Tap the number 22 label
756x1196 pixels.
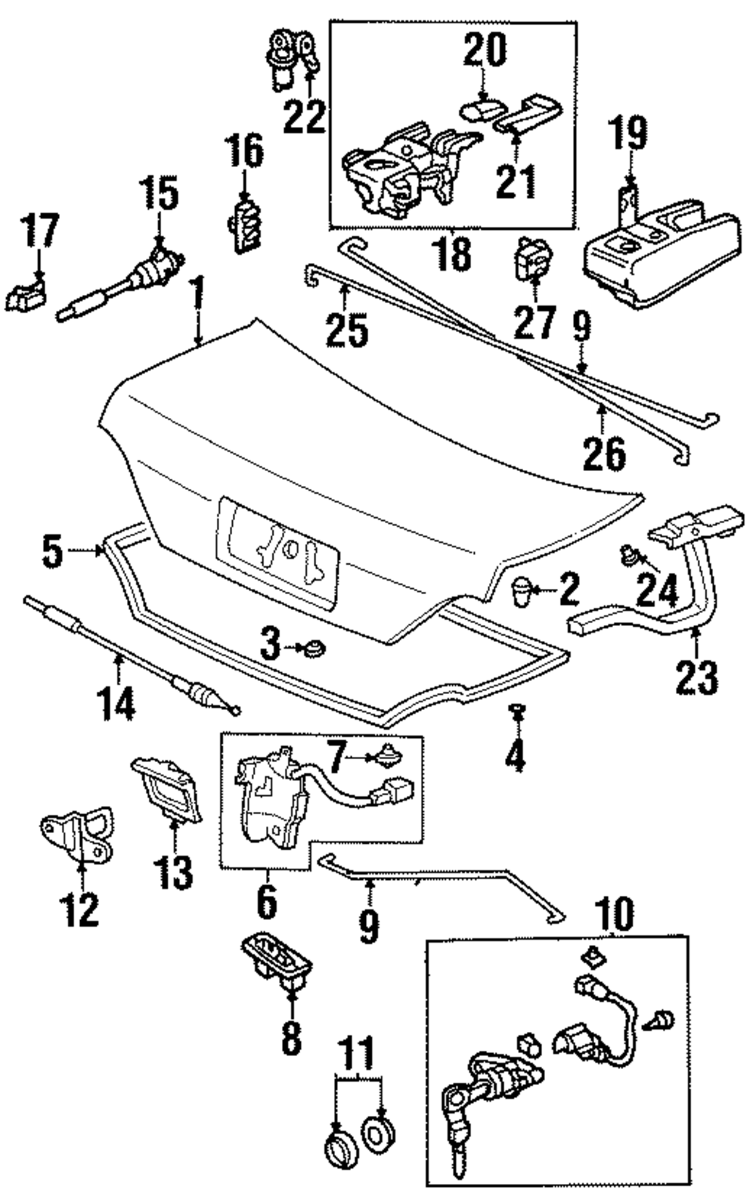[x=305, y=117]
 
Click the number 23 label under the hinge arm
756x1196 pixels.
[x=697, y=678]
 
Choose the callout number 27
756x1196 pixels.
[x=535, y=322]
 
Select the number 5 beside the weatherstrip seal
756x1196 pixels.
[x=52, y=551]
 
